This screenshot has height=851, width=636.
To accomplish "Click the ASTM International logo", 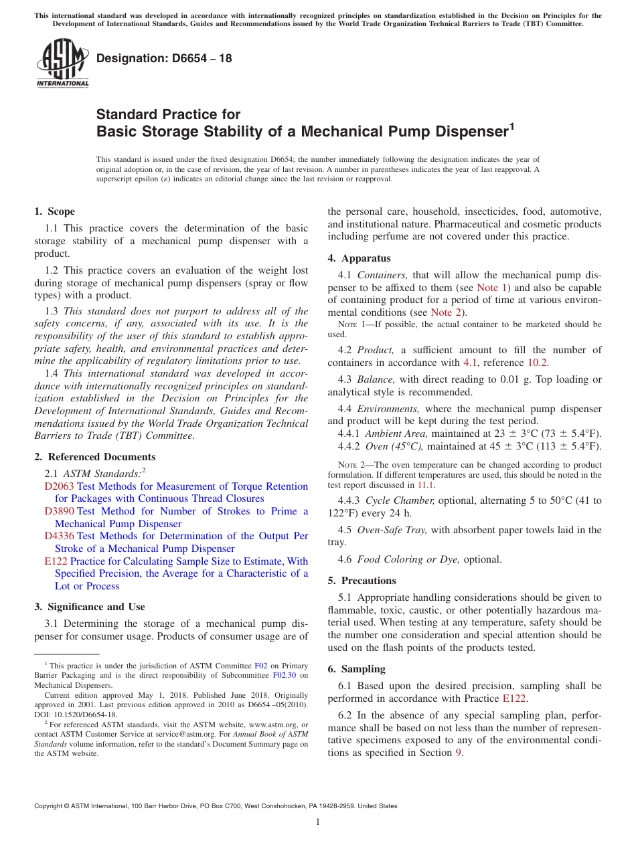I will pyautogui.click(x=62, y=64).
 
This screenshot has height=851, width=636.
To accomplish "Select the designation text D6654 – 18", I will pyautogui.click(x=164, y=58).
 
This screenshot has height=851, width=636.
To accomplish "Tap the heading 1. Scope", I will pyautogui.click(x=55, y=211).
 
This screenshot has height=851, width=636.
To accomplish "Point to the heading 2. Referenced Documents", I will pyautogui.click(x=95, y=457).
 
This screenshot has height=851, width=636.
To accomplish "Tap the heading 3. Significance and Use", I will pyautogui.click(x=90, y=607).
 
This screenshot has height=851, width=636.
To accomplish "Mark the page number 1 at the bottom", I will pyautogui.click(x=318, y=822).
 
